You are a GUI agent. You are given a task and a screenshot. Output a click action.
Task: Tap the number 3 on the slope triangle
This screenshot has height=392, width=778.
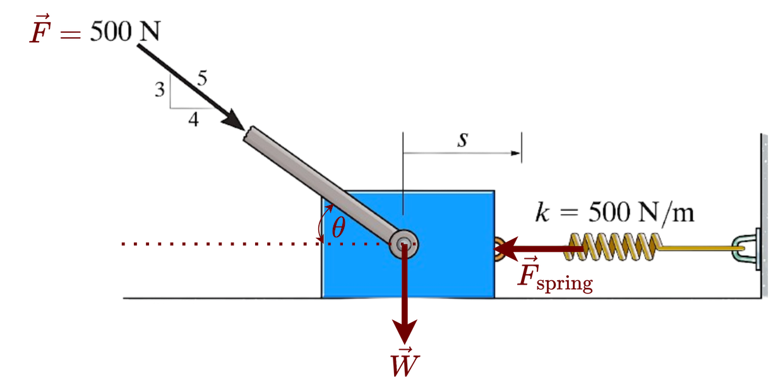pos(161,89)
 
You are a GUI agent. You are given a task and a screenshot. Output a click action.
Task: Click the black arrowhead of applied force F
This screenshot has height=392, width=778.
pos(235,121)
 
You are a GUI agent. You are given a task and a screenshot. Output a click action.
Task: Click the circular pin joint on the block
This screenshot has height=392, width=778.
pos(404,244)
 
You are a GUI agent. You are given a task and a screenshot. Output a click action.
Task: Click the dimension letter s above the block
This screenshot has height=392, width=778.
pos(463,141)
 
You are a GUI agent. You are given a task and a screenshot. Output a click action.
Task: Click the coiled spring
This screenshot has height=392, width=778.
pos(616,246)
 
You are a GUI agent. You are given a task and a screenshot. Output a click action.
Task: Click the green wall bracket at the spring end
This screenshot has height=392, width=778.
pos(745,250)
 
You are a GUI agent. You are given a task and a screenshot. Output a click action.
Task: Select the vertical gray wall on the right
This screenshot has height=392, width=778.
pos(764,202)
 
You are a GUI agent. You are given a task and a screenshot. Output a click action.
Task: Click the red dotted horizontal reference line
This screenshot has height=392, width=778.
pos(221,244)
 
